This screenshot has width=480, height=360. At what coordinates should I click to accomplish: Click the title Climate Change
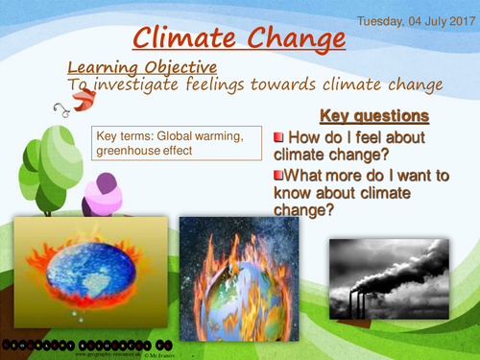pyautogui.click(x=238, y=38)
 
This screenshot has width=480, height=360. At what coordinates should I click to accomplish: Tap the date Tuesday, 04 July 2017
pyautogui.click(x=417, y=19)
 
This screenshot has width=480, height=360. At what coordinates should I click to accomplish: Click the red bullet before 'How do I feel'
pyautogui.click(x=279, y=136)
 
